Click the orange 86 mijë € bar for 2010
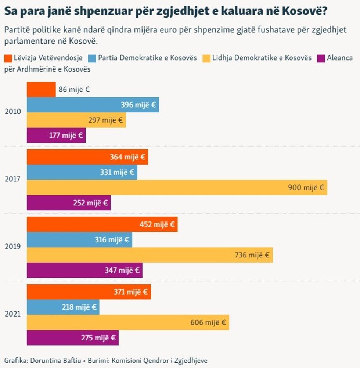tap(41, 89)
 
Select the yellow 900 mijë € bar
tap(177, 187)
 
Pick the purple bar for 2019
tap(84, 270)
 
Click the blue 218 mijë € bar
tap(63, 307)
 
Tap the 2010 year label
tap(12, 112)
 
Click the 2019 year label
tap(12, 246)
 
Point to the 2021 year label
tap(12, 314)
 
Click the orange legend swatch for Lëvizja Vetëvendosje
tap(8, 58)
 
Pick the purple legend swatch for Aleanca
tap(321, 58)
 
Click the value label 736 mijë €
tap(252, 255)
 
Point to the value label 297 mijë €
tap(106, 120)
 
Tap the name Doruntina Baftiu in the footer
tap(56, 360)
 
